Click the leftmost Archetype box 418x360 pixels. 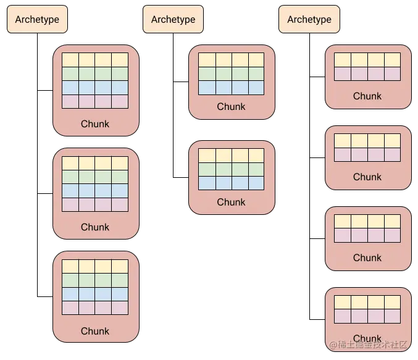pyautogui.click(x=37, y=19)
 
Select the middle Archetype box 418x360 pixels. pyautogui.click(x=173, y=19)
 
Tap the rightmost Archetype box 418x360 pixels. pyautogui.click(x=309, y=19)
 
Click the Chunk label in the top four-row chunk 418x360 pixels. pyautogui.click(x=95, y=123)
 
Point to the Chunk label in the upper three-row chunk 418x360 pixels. pyautogui.click(x=232, y=106)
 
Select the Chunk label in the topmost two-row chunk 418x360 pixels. pyautogui.click(x=367, y=96)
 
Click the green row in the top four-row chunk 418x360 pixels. pyautogui.click(x=95, y=73)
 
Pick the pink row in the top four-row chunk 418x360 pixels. pyautogui.click(x=95, y=101)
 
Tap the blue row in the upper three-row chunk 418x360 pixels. pyautogui.click(x=232, y=87)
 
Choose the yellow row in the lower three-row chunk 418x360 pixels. pyautogui.click(x=232, y=155)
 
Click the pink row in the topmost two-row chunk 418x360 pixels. pyautogui.click(x=367, y=73)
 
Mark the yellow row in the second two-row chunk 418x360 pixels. pyautogui.click(x=367, y=140)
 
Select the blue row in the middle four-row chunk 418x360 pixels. pyautogui.click(x=95, y=190)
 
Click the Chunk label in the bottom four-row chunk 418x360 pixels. pyautogui.click(x=95, y=331)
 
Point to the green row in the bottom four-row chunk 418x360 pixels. pyautogui.click(x=95, y=280)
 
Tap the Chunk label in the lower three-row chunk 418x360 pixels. pyautogui.click(x=232, y=202)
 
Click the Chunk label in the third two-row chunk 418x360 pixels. pyautogui.click(x=367, y=257)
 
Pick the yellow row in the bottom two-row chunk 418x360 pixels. pyautogui.click(x=367, y=302)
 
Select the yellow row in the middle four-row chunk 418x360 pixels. pyautogui.click(x=95, y=163)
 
